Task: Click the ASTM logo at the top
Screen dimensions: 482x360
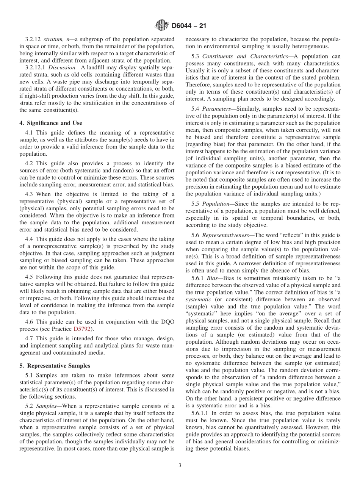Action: click(x=162, y=26)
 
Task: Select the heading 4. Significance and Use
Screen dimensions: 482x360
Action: click(x=51, y=123)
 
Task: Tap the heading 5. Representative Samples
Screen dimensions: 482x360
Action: click(x=55, y=366)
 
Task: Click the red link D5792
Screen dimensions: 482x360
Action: click(x=83, y=329)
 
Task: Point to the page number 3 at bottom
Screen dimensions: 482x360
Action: click(x=180, y=466)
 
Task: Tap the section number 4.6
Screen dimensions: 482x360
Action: click(x=30, y=322)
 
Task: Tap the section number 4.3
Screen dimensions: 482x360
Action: click(x=30, y=194)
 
